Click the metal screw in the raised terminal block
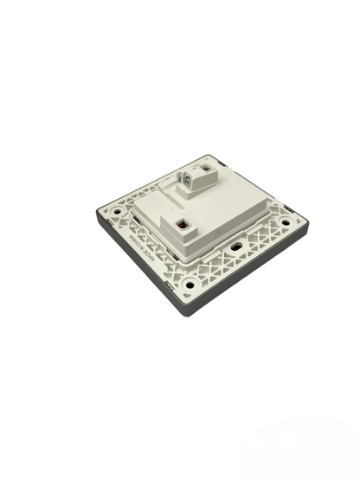click(x=186, y=179)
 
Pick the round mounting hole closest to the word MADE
click(x=189, y=284)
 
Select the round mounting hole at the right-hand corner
click(x=286, y=222)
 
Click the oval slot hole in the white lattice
click(x=235, y=246)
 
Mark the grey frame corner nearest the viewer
click(x=185, y=313)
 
